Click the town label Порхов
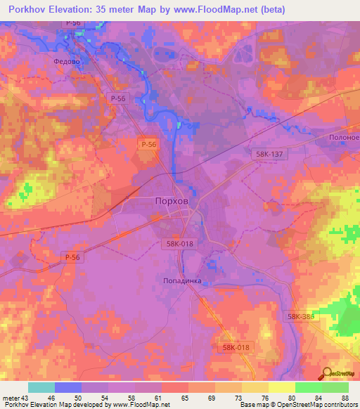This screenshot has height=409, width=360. [x=171, y=200]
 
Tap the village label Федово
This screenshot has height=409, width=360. [x=68, y=61]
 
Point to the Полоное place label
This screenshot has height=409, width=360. [x=342, y=138]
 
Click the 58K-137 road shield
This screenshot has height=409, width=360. [x=268, y=153]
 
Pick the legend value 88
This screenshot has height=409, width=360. [x=345, y=398]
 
